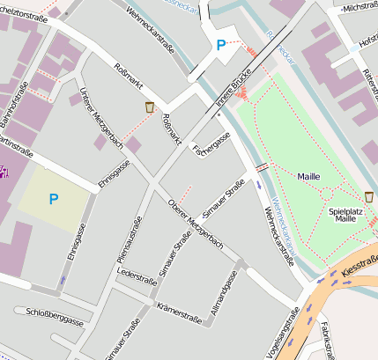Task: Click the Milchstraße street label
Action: click(359, 8)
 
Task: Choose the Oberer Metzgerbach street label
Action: click(194, 224)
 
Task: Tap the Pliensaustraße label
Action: click(129, 237)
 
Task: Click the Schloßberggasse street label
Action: click(55, 313)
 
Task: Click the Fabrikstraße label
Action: click(326, 342)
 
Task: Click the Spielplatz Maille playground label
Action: click(342, 214)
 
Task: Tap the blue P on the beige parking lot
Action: click(54, 200)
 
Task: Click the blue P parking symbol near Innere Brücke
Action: click(219, 45)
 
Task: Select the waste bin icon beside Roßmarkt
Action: click(150, 107)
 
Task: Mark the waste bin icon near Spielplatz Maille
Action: click(368, 195)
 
